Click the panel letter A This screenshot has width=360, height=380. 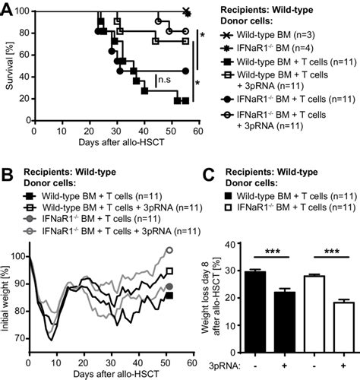(x=8, y=9)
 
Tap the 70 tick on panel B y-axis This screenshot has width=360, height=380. (x=19, y=339)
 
